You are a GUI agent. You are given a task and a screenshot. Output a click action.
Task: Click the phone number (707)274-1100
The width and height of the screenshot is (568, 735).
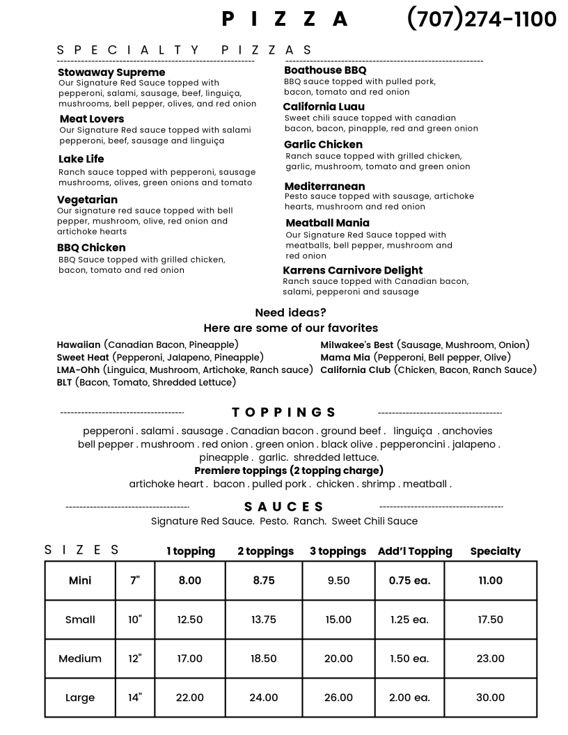[x=481, y=19]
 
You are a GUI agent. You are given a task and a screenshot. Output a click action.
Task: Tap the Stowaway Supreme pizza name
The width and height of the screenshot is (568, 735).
[x=111, y=72]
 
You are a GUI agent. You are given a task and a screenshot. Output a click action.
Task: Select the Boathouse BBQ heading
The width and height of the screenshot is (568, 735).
[x=325, y=70]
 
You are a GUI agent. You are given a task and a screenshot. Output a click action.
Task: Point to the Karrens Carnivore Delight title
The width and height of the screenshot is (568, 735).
[x=352, y=270]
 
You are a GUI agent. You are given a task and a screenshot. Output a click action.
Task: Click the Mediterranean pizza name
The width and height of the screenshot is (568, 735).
[x=324, y=187]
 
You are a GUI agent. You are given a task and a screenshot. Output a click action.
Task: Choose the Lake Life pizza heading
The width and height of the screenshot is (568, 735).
[x=81, y=159]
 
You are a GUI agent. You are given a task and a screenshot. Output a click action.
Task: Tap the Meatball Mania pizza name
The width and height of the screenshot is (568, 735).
[x=327, y=223]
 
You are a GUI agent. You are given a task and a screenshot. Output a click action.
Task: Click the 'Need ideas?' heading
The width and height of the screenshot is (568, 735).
[x=290, y=313]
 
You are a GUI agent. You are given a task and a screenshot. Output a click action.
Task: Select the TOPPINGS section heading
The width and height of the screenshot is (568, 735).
[x=284, y=412]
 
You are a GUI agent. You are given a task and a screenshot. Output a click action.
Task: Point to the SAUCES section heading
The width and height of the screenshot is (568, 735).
[x=284, y=507]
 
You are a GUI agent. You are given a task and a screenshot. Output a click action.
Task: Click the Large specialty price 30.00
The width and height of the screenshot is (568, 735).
[x=490, y=697]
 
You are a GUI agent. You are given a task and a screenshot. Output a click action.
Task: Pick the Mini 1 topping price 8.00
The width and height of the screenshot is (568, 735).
[x=189, y=580]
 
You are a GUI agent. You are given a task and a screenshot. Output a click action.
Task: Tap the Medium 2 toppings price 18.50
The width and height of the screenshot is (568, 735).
[x=264, y=658]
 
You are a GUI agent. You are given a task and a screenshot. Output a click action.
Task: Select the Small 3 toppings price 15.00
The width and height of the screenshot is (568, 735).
[x=338, y=619]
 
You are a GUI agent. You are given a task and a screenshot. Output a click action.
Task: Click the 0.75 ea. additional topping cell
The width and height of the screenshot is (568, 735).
[x=409, y=580]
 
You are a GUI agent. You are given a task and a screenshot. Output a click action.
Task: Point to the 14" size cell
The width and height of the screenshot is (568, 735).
[x=135, y=697]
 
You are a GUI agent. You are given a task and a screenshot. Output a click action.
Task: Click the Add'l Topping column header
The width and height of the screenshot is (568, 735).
[x=415, y=551]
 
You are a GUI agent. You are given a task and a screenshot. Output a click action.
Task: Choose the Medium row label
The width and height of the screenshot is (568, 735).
[x=80, y=658]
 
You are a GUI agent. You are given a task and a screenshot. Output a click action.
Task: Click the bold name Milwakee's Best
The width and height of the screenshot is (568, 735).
[x=356, y=345]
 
